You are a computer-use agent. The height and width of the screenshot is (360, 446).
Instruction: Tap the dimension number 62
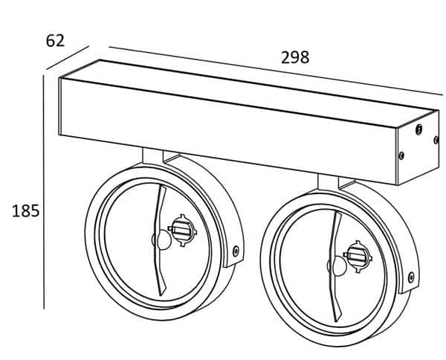(x=56, y=39)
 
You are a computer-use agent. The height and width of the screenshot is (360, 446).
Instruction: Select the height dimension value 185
(x=25, y=211)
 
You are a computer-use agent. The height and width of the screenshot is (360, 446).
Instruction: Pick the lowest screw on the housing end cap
(x=402, y=156)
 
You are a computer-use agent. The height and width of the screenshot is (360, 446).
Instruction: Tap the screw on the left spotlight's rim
(x=236, y=251)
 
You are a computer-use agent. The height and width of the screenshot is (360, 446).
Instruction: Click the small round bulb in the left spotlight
(x=160, y=240)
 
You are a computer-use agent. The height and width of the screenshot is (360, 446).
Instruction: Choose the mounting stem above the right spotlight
(x=329, y=182)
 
